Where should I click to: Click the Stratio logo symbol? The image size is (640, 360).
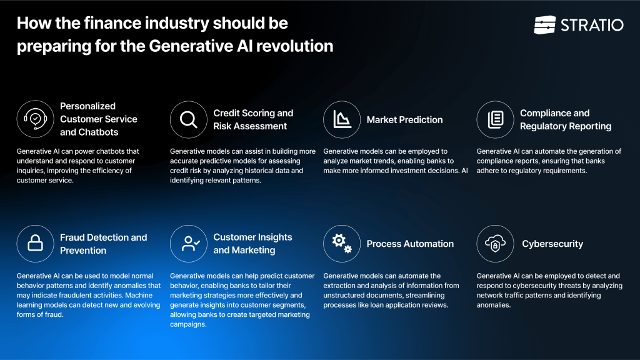tap(544, 25)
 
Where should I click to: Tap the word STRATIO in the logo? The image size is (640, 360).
tap(591, 25)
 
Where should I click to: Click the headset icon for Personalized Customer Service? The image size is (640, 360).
tap(35, 119)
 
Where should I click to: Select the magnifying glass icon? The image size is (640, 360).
tap(189, 119)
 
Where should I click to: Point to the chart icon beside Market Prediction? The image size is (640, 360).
tap(342, 119)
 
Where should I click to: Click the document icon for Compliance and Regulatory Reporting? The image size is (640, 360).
tap(495, 119)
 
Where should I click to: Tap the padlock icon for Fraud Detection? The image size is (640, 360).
tap(35, 244)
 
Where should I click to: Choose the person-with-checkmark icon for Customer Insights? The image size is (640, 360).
tap(189, 244)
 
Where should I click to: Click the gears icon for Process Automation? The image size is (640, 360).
tap(342, 244)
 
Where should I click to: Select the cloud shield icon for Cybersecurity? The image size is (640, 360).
tap(495, 244)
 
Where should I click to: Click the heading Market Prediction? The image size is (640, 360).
tap(404, 120)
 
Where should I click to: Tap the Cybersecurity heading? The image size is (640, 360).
tap(552, 244)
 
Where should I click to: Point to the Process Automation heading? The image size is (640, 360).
tap(410, 244)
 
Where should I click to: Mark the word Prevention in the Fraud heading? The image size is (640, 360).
tap(83, 250)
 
